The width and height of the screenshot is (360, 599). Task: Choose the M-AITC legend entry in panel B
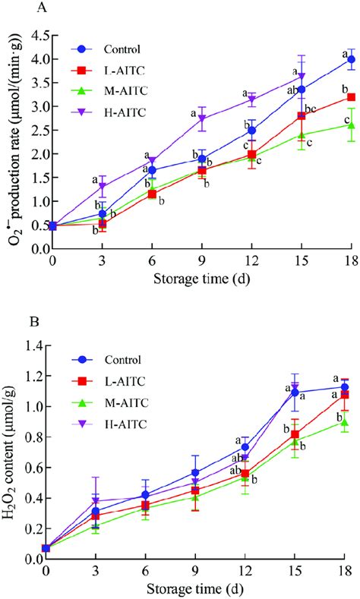click(x=109, y=401)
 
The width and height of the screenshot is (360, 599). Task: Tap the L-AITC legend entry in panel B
click(x=109, y=380)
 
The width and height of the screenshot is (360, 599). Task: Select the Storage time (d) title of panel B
click(x=195, y=587)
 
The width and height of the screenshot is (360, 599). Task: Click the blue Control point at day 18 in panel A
click(x=350, y=59)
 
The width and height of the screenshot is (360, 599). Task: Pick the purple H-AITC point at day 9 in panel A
click(x=201, y=118)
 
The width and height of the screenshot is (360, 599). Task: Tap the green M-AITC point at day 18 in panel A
click(x=350, y=125)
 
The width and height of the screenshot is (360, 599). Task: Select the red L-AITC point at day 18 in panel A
click(x=350, y=97)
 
